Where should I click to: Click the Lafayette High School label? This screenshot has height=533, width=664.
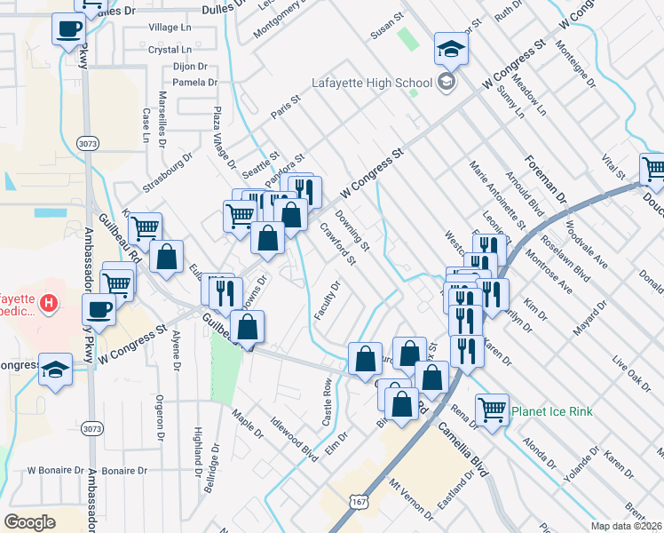(x=371, y=84)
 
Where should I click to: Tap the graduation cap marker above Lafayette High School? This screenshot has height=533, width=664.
(x=451, y=50)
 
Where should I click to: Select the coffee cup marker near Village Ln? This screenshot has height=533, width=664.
(x=68, y=30)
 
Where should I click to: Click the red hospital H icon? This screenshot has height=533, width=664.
(x=50, y=304)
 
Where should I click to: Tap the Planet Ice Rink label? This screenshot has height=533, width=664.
(x=551, y=411)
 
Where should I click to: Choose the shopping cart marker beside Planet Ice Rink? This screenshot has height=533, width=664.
(x=492, y=410)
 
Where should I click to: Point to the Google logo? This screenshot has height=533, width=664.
(x=30, y=521)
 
